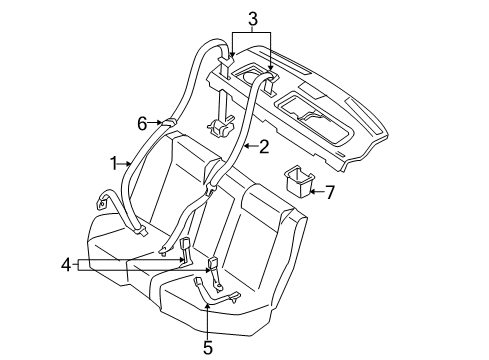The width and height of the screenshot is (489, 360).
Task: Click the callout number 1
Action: tap(114, 162)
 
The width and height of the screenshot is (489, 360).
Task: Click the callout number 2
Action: tap(264, 147)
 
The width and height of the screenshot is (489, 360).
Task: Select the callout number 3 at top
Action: tap(253, 17)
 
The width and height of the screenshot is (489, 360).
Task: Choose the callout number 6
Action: tap(143, 123)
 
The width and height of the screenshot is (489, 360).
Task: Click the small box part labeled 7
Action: tap(299, 180)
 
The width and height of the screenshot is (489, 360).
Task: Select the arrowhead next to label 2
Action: tap(244, 147)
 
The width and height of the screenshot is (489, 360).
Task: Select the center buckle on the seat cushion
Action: tap(212, 265)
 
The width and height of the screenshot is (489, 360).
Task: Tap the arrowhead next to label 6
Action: tap(159, 122)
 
